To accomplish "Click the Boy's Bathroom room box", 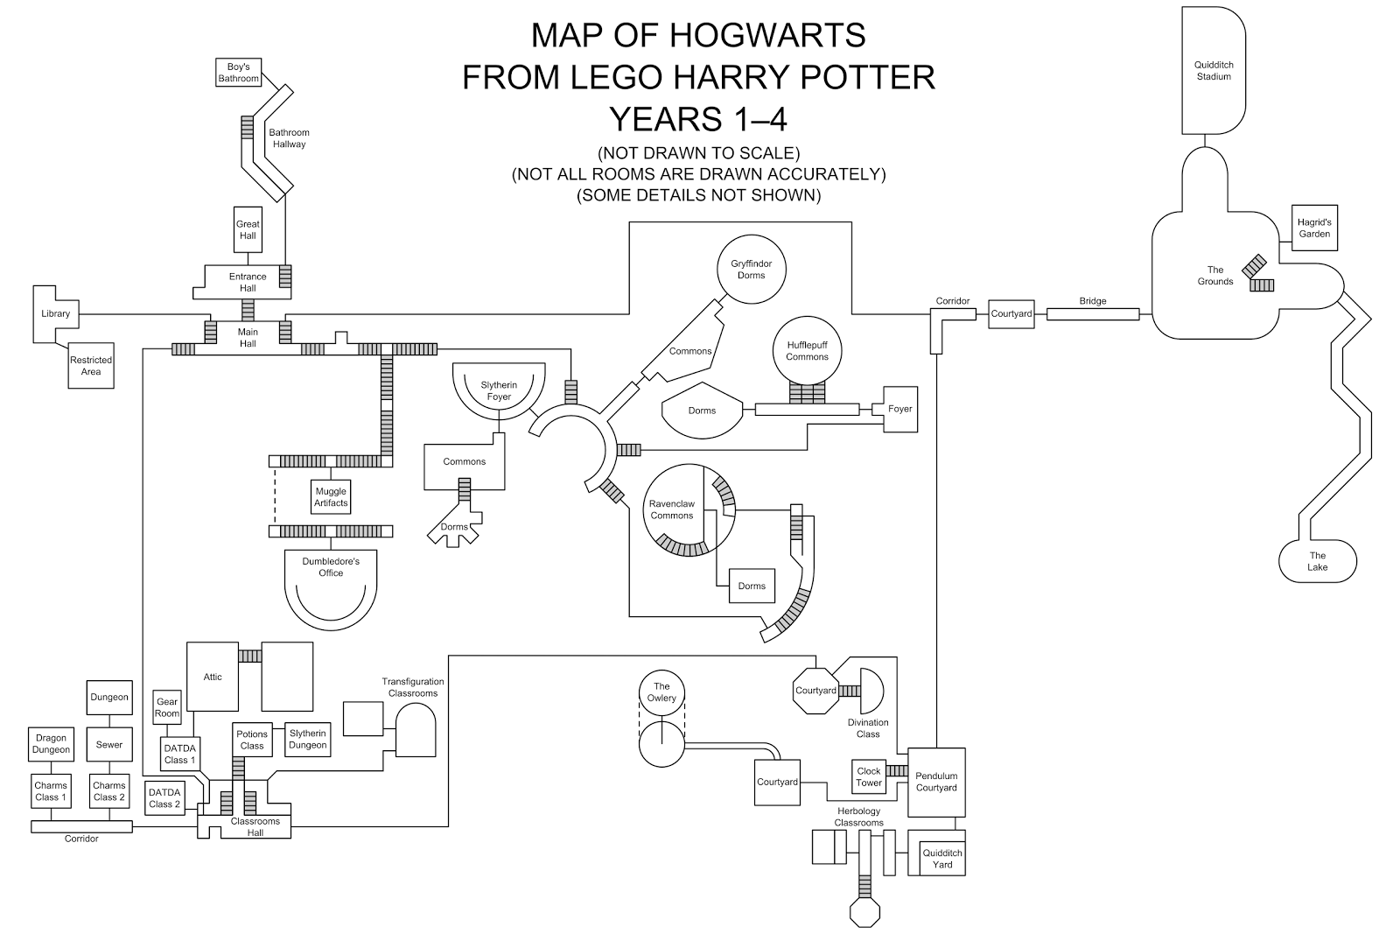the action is pos(238,73).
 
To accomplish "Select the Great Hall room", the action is pos(248,229).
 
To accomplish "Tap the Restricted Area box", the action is pos(91,366).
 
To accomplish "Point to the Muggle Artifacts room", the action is pos(331,497).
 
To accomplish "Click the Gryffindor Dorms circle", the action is pos(752,270).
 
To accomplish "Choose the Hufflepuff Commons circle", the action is pos(807,351).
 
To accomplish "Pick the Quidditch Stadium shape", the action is pos(1214,71).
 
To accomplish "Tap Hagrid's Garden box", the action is pos(1314,228).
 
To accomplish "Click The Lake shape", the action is pos(1318,561).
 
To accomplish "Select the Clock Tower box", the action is pos(869,776).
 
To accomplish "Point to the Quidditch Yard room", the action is pos(942,859).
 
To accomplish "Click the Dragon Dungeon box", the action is pos(52,744).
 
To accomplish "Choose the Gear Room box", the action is pos(167,707).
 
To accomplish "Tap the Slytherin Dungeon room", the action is pos(307,739).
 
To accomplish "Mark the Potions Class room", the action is pos(252,740).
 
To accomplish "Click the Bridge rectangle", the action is pos(1093,314).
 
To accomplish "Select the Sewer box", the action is pos(109,744).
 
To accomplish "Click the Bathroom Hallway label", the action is pos(289,138).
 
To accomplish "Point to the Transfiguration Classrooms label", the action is pos(413,687).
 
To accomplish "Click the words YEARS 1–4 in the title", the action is pos(698,119).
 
